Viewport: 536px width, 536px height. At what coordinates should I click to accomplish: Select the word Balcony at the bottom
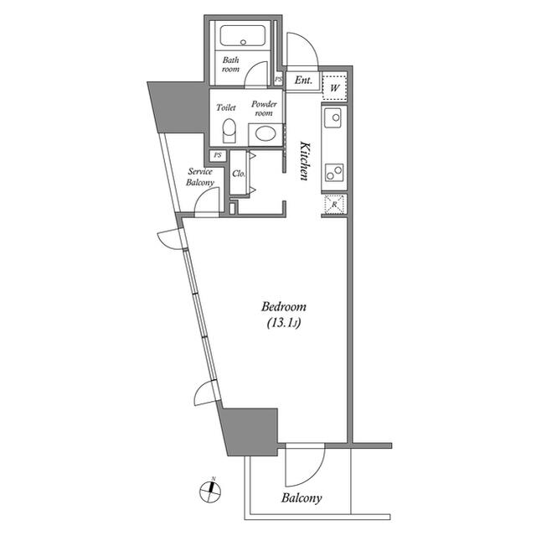point(301,498)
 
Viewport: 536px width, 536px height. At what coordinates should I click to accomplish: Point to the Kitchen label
point(305,159)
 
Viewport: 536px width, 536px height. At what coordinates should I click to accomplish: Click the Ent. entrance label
point(303,81)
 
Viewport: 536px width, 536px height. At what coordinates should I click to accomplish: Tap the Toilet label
point(226,107)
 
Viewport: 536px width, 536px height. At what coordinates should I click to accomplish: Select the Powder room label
point(265,108)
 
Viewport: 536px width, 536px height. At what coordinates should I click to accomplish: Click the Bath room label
point(231,65)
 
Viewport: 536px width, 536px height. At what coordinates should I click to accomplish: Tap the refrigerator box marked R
point(333,205)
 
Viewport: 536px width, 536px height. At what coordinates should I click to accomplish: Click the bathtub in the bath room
point(243,38)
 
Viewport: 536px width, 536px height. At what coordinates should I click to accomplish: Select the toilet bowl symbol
point(229,133)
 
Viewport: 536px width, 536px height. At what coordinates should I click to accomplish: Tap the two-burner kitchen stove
point(332,170)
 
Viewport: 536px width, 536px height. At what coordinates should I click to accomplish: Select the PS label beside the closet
point(218,155)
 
